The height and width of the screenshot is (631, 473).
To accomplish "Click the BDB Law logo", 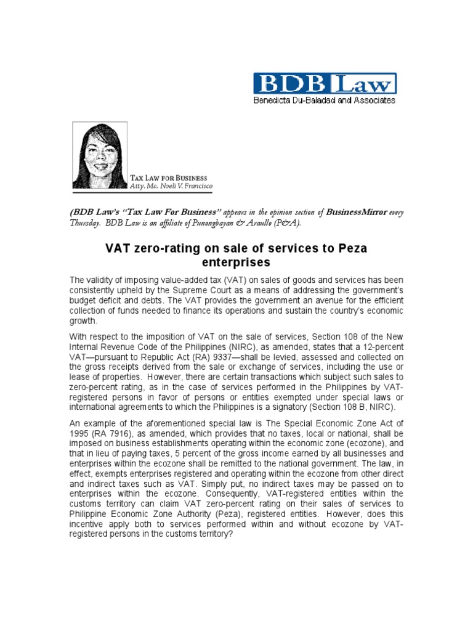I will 326,84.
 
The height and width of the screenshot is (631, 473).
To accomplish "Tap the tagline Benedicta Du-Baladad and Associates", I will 325,100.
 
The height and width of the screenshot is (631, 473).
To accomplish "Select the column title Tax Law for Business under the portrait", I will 168,177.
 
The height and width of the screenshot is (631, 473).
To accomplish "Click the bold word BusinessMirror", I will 355,212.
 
